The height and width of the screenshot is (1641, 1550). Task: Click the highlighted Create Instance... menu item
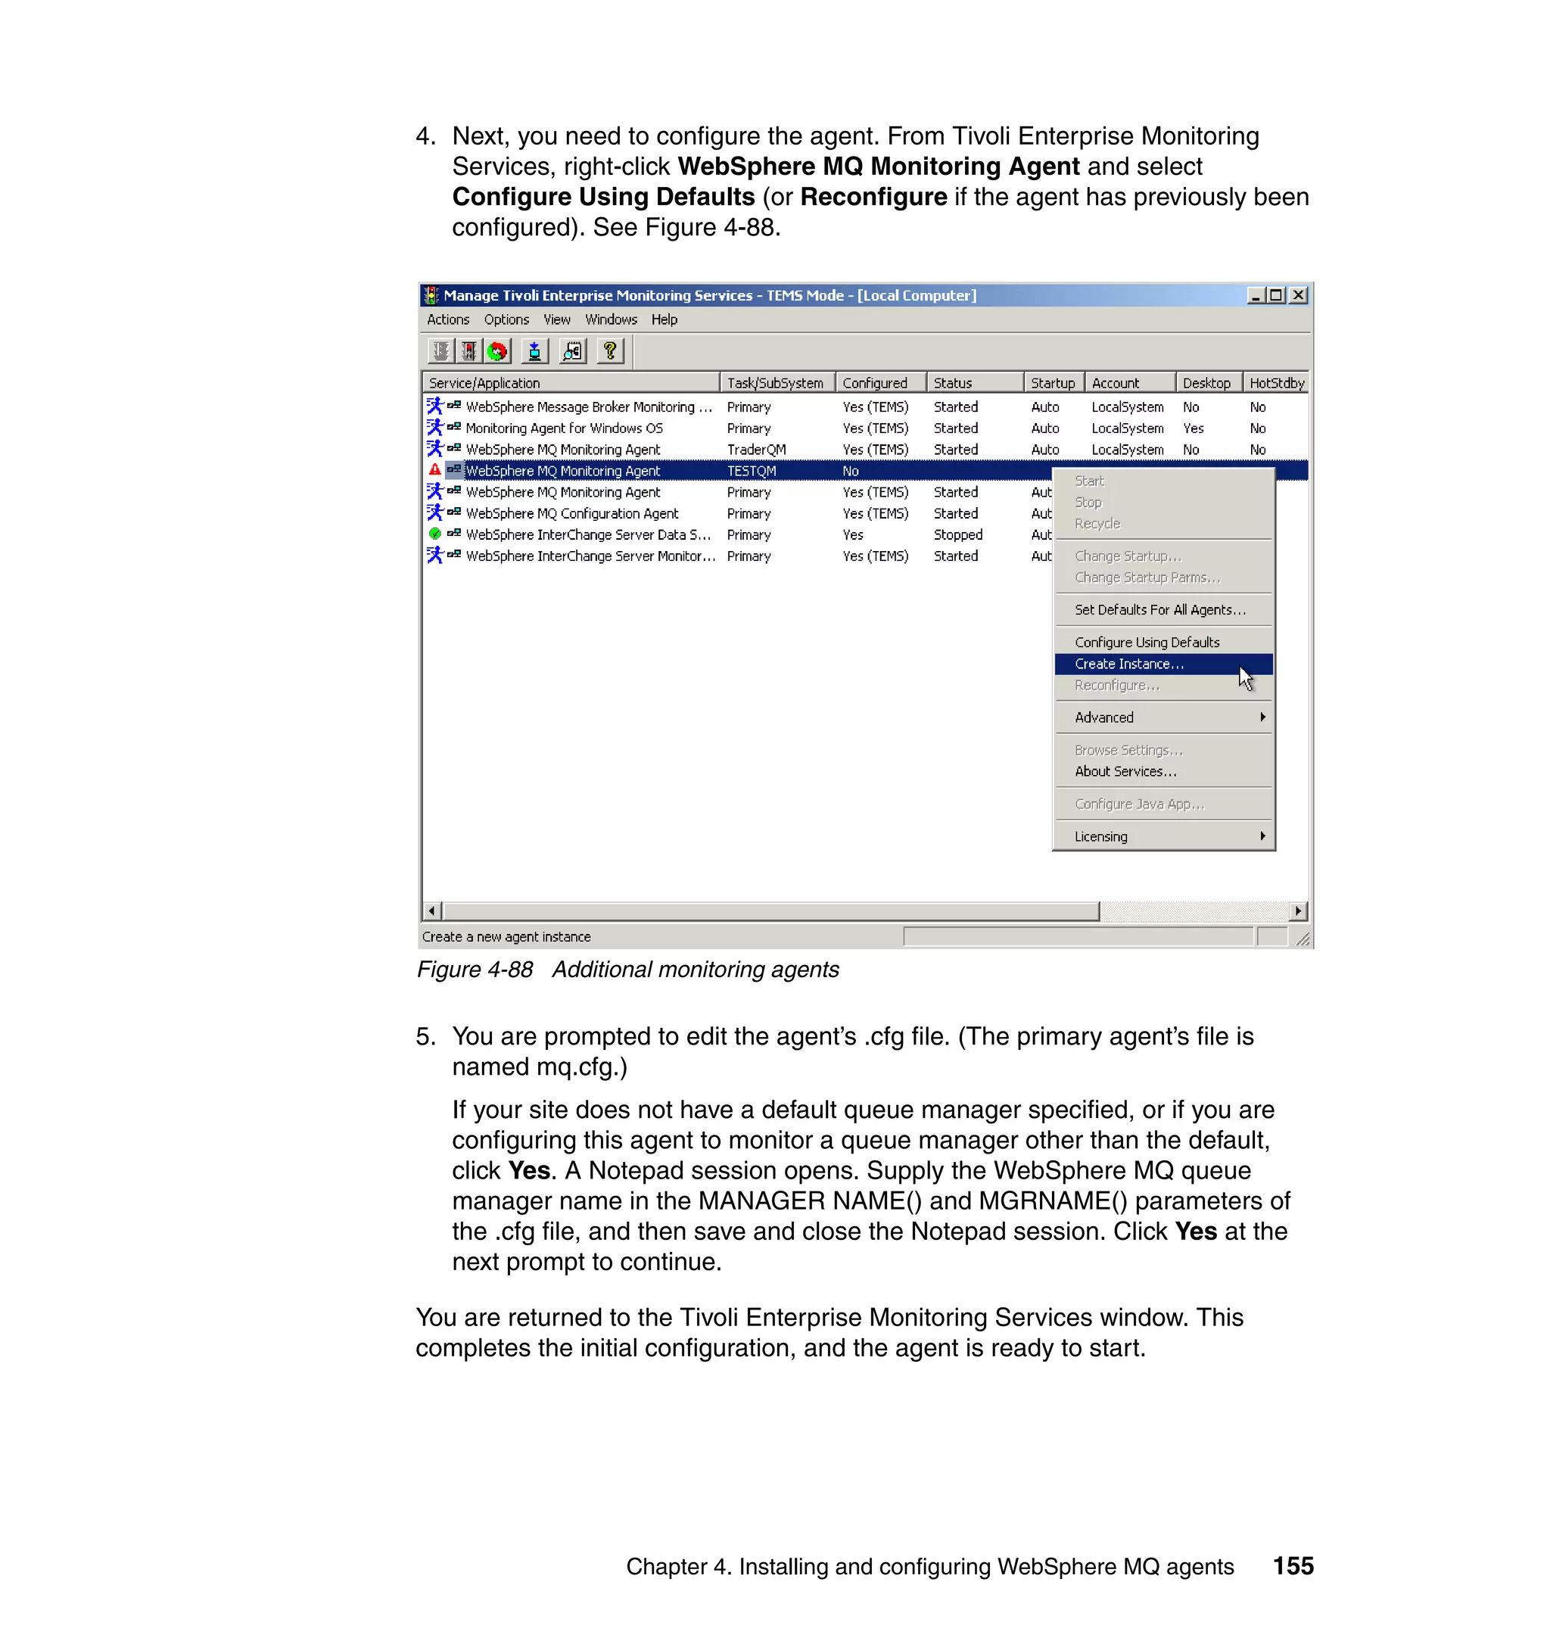pyautogui.click(x=1128, y=664)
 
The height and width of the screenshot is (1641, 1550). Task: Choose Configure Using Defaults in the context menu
pyautogui.click(x=1146, y=642)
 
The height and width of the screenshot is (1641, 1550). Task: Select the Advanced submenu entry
pyautogui.click(x=1103, y=718)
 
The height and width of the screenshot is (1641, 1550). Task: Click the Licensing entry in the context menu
pyautogui.click(x=1100, y=836)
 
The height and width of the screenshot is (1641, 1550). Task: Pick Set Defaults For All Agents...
pyautogui.click(x=1159, y=610)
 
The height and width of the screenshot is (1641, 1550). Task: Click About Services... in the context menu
pyautogui.click(x=1125, y=771)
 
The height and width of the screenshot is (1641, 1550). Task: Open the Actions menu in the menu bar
pyautogui.click(x=448, y=319)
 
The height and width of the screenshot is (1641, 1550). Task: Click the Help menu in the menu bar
pyautogui.click(x=664, y=319)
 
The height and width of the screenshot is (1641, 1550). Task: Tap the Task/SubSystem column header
pyautogui.click(x=775, y=382)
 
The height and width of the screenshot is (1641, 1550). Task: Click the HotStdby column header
pyautogui.click(x=1276, y=382)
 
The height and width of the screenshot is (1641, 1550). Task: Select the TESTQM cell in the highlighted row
pyautogui.click(x=751, y=471)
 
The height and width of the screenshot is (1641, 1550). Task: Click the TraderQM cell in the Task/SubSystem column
pyautogui.click(x=756, y=450)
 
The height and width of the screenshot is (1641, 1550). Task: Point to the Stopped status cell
pyautogui.click(x=957, y=534)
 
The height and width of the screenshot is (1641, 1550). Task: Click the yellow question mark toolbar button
pyautogui.click(x=610, y=351)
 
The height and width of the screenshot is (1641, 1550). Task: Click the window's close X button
pyautogui.click(x=1298, y=295)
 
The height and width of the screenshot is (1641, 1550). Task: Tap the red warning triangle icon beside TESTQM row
pyautogui.click(x=434, y=470)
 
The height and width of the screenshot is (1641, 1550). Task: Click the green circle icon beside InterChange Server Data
pyautogui.click(x=434, y=534)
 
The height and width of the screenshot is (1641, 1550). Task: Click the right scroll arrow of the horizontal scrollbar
pyautogui.click(x=1298, y=911)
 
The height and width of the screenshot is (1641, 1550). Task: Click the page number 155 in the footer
pyautogui.click(x=1292, y=1566)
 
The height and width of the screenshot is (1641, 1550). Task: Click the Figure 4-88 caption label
pyautogui.click(x=475, y=969)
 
